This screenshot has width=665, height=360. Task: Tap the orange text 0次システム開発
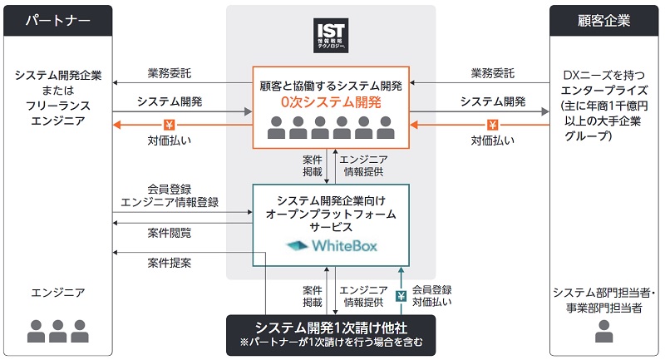click(332, 103)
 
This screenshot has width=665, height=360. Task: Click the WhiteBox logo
click(332, 246)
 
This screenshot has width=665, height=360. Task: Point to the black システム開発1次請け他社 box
click(332, 333)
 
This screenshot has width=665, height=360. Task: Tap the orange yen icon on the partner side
click(170, 126)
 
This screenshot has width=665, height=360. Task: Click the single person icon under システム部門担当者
click(605, 330)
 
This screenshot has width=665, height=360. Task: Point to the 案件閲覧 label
click(170, 233)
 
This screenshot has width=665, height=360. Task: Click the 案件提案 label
click(170, 264)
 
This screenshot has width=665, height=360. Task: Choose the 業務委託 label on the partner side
click(170, 73)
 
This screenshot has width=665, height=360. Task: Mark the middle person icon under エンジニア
click(57, 330)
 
